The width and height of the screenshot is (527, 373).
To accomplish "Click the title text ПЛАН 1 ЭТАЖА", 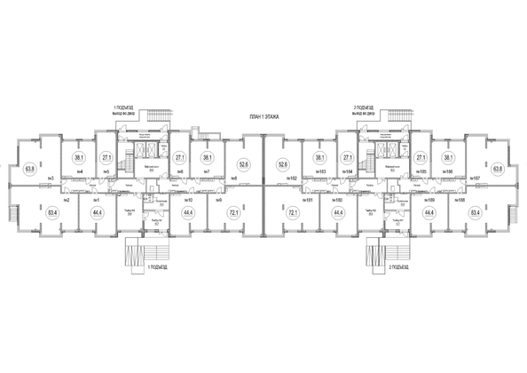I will click(x=263, y=117).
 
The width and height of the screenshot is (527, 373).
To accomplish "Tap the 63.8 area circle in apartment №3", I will click(x=29, y=167).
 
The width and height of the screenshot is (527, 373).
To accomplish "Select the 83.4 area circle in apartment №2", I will click(x=53, y=213).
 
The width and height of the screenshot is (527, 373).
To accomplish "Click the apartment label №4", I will click(x=80, y=171).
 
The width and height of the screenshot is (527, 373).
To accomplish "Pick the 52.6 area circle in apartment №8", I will click(x=243, y=163).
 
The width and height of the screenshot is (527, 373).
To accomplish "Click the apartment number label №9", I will click(x=217, y=200).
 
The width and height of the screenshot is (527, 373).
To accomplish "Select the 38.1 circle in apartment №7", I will click(x=207, y=158).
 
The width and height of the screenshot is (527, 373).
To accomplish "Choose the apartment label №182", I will click(x=291, y=179).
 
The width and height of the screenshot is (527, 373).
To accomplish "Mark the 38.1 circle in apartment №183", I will click(x=320, y=158).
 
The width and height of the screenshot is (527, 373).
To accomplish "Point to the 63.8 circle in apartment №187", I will click(x=498, y=167).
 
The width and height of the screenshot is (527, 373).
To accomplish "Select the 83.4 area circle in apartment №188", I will click(x=474, y=213).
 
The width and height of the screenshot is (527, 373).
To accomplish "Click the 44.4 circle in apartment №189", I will click(x=429, y=213).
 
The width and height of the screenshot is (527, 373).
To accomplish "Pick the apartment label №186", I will click(x=448, y=171).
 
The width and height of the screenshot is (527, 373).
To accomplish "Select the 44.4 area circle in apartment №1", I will click(x=96, y=213).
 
